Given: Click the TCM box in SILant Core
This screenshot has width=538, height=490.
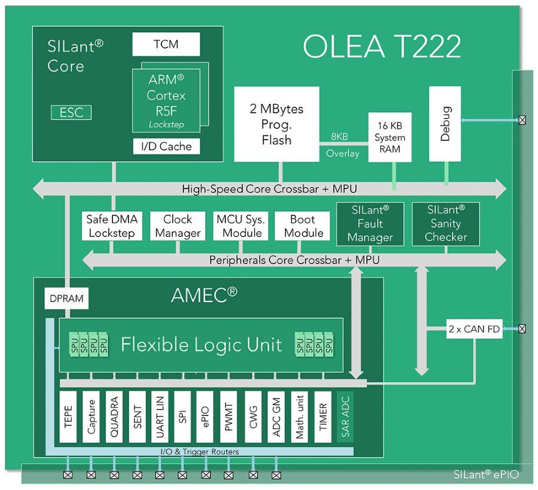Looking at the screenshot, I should tap(166, 44).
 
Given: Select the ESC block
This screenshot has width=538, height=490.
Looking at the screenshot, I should tap(71, 112).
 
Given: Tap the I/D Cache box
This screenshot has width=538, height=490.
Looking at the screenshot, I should tap(166, 146).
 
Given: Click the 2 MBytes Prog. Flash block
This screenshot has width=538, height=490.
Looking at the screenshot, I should tap(276, 124).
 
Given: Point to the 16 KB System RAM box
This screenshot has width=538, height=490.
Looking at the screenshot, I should tap(390, 137).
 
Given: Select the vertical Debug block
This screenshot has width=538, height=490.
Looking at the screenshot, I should tap(445, 124).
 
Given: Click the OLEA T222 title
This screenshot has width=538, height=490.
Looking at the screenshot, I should tap(382, 47).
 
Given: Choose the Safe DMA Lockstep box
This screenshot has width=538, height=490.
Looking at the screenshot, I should tap(112, 226).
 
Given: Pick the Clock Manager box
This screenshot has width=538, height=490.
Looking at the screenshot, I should tap(178, 226).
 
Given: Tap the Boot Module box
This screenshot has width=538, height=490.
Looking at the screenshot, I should tap(304, 226).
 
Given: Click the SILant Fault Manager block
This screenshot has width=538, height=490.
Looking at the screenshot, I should tap(371, 223).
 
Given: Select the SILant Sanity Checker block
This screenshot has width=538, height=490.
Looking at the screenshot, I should tap(446, 223).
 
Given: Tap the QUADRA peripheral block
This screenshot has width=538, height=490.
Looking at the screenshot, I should tap(114, 417).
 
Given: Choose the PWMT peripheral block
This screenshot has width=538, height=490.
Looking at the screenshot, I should tap(229, 417).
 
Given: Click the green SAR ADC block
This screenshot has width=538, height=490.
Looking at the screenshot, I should tap(346, 417).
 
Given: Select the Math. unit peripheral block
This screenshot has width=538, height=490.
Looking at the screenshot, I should tap(300, 417).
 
